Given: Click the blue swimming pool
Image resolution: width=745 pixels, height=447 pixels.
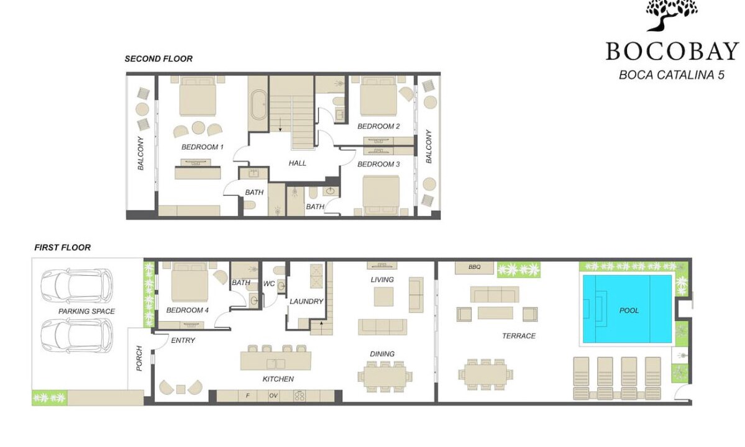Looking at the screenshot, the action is point(627,309).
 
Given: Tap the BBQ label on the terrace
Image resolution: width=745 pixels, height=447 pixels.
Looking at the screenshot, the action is point(474,267).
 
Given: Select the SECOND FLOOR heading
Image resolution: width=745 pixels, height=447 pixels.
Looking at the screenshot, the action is point(158,59).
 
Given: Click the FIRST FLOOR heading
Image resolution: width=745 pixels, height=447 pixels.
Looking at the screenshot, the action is point(62,247).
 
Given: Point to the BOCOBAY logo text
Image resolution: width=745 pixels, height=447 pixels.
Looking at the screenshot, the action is point(672,52).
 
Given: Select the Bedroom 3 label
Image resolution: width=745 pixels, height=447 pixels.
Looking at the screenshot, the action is point(378,164).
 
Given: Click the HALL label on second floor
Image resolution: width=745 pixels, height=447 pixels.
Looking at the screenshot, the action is point(298,163).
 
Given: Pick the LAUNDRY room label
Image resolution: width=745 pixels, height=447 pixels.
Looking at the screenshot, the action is point(306,301).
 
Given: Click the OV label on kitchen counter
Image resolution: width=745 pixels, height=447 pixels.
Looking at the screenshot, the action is point(273,395).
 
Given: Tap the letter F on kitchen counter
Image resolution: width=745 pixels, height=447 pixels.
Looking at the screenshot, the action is point(247,395).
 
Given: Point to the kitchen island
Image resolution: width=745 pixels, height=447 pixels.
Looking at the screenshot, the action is point(276,360).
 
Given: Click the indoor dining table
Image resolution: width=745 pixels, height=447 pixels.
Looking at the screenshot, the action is point(385,376).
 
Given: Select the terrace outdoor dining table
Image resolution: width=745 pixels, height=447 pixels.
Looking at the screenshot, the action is point(485,375).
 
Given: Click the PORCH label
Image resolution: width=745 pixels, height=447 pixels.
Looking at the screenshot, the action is point(139,358).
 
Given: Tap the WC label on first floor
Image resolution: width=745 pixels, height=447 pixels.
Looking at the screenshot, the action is point(269,284).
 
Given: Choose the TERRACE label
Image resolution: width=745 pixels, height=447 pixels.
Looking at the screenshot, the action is point(519,336).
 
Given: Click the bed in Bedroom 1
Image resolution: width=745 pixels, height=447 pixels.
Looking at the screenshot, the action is point(198,96).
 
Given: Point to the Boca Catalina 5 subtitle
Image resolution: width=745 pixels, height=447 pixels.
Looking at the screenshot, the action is point(671,75).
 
